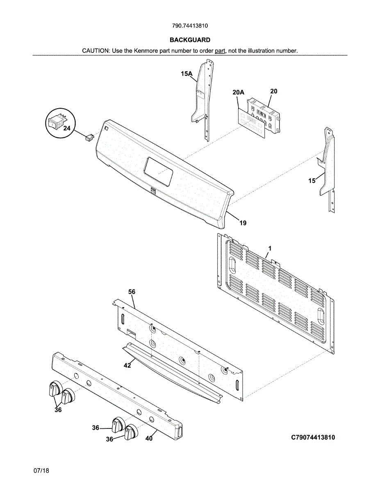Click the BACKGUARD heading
[x=190, y=40]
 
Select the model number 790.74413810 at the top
[x=190, y=25]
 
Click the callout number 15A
[x=186, y=74]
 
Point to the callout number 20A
[x=238, y=93]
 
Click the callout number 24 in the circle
[x=66, y=128]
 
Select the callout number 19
[x=243, y=223]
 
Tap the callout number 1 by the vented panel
[x=270, y=248]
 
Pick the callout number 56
[x=132, y=292]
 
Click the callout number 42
[x=127, y=365]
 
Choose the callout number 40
[x=149, y=438]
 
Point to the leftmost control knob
[x=55, y=389]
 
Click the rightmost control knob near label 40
[x=131, y=433]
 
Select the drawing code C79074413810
[x=313, y=437]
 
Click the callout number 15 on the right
[x=312, y=180]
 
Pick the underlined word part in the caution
[x=220, y=51]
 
